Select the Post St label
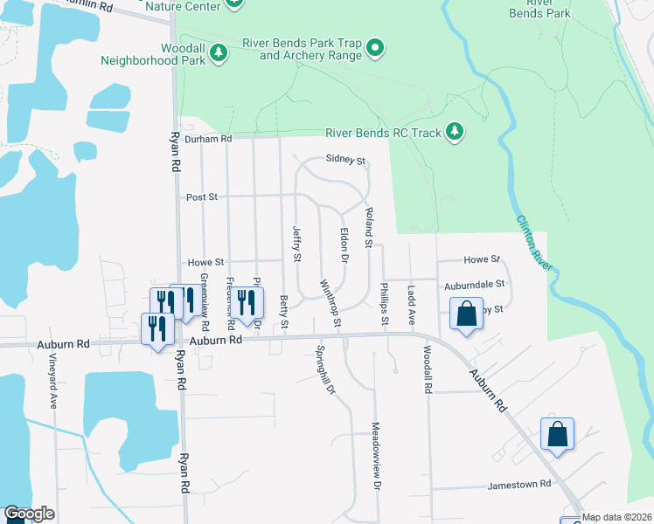[x=202, y=197]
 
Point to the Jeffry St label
[x=296, y=244]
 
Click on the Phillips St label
[x=384, y=304]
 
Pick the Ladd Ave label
[x=410, y=305]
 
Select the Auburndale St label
[x=475, y=284]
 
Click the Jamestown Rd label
[x=520, y=483]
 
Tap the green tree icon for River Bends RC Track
[x=454, y=132]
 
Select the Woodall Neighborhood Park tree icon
[x=219, y=54]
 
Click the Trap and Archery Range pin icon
[x=375, y=47]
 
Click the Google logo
[x=29, y=514]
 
